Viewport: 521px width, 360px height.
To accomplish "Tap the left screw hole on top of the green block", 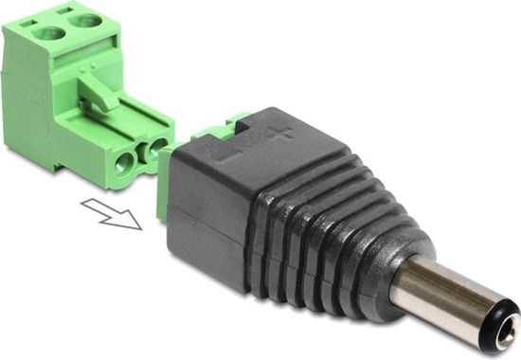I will pyautogui.click(x=47, y=35).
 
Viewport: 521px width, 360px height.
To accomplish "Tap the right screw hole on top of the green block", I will pyautogui.click(x=86, y=20).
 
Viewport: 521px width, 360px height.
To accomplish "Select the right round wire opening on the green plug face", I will pyautogui.click(x=156, y=147).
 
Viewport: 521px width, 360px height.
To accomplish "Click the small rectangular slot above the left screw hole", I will pyautogui.click(x=33, y=18).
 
